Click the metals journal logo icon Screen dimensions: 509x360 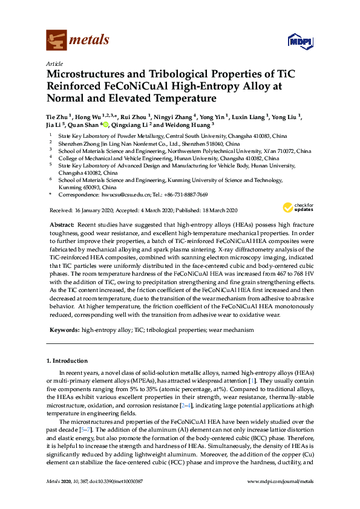56,41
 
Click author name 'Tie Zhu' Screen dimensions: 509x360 56,116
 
